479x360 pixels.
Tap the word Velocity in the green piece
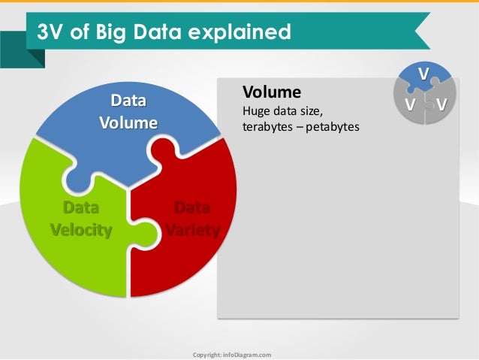pyautogui.click(x=81, y=229)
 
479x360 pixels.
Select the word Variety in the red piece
pyautogui.click(x=193, y=229)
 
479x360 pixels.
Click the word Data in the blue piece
pyautogui.click(x=128, y=101)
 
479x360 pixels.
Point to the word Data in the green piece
pyautogui.click(x=80, y=207)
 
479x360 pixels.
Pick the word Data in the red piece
pyautogui.click(x=192, y=207)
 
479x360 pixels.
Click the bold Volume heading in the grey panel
pyautogui.click(x=271, y=92)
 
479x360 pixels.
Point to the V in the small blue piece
pyautogui.click(x=423, y=73)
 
